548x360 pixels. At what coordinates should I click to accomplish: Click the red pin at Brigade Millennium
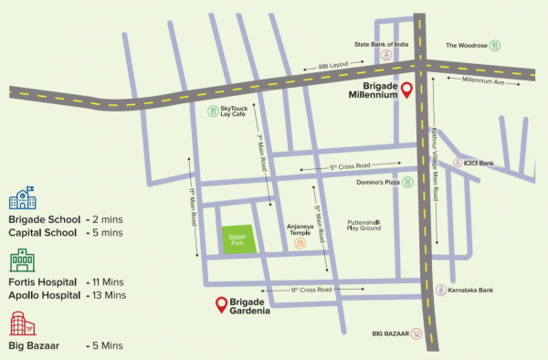click(407, 90)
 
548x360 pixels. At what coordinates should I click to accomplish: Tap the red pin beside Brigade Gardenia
click(220, 304)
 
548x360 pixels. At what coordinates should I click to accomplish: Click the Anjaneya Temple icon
click(299, 245)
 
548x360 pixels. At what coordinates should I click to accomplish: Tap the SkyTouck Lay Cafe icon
click(215, 111)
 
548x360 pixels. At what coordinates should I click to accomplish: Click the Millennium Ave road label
click(484, 80)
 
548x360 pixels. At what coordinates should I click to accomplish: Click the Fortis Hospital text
click(42, 282)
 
